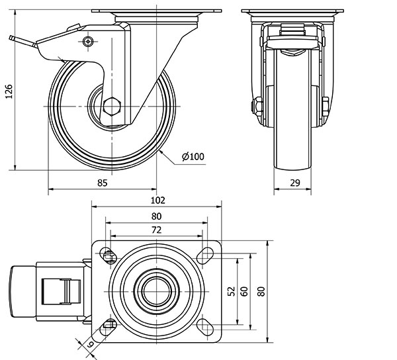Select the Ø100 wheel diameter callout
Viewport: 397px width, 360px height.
(x=193, y=156)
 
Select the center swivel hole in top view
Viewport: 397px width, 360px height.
(x=157, y=289)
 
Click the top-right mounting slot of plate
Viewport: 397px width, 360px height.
(x=205, y=253)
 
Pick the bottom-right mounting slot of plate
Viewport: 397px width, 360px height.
(x=205, y=325)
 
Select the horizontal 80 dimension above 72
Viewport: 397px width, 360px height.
(x=157, y=216)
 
